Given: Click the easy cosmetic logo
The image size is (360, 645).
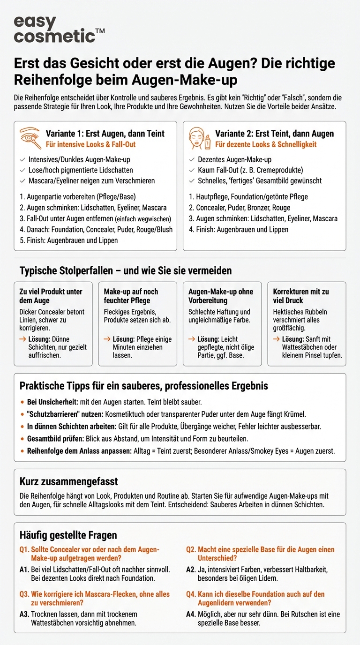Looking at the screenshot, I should [59, 29].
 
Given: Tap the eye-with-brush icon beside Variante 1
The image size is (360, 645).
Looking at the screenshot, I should [31, 138].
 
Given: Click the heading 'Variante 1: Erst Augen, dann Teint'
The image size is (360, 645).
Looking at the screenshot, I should [105, 134].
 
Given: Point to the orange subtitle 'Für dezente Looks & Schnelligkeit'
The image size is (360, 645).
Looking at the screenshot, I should [266, 144].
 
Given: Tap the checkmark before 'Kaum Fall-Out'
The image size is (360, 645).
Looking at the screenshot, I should [191, 170].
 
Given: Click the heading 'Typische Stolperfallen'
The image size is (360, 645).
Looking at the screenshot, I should [126, 271].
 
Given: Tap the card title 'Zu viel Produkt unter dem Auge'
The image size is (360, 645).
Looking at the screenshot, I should [51, 296].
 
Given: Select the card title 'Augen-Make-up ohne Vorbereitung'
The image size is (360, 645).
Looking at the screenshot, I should [220, 296].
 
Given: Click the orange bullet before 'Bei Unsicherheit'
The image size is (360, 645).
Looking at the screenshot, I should [22, 402].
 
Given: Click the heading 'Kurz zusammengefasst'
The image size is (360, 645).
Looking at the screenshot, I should [68, 481].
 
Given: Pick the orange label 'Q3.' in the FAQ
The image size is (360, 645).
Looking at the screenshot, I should [24, 594].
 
